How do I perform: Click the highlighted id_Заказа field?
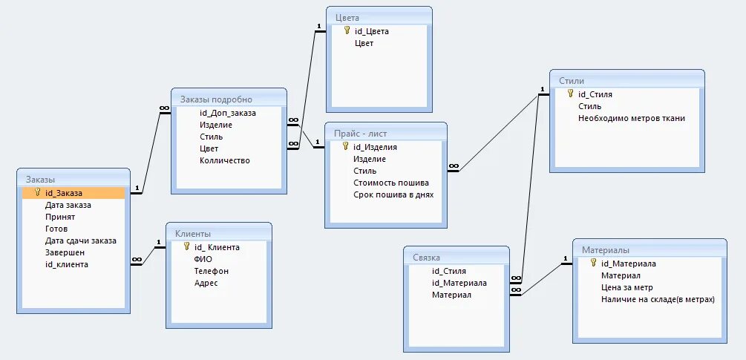coord(63,193)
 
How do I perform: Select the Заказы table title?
coord(41,179)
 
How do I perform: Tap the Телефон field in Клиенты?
coord(211,271)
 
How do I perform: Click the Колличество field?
coord(224,160)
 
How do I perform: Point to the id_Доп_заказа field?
coord(227,113)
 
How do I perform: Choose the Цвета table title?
coord(347,17)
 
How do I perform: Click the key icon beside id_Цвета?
coord(347,31)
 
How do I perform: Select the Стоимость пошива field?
coord(390,183)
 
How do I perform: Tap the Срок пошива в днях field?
coord(393,194)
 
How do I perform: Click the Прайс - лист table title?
coord(360,134)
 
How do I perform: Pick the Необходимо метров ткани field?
coord(632,118)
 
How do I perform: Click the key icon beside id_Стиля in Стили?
coord(570,94)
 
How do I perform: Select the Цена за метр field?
coord(627,287)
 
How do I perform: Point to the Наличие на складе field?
coord(657,299)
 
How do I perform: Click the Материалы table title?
coord(606,249)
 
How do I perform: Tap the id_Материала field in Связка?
coord(459,283)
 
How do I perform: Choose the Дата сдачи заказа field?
coord(80,240)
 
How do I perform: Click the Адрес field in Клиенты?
coord(206,283)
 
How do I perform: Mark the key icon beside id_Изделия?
coord(345,147)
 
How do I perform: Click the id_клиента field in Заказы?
coord(66,264)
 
